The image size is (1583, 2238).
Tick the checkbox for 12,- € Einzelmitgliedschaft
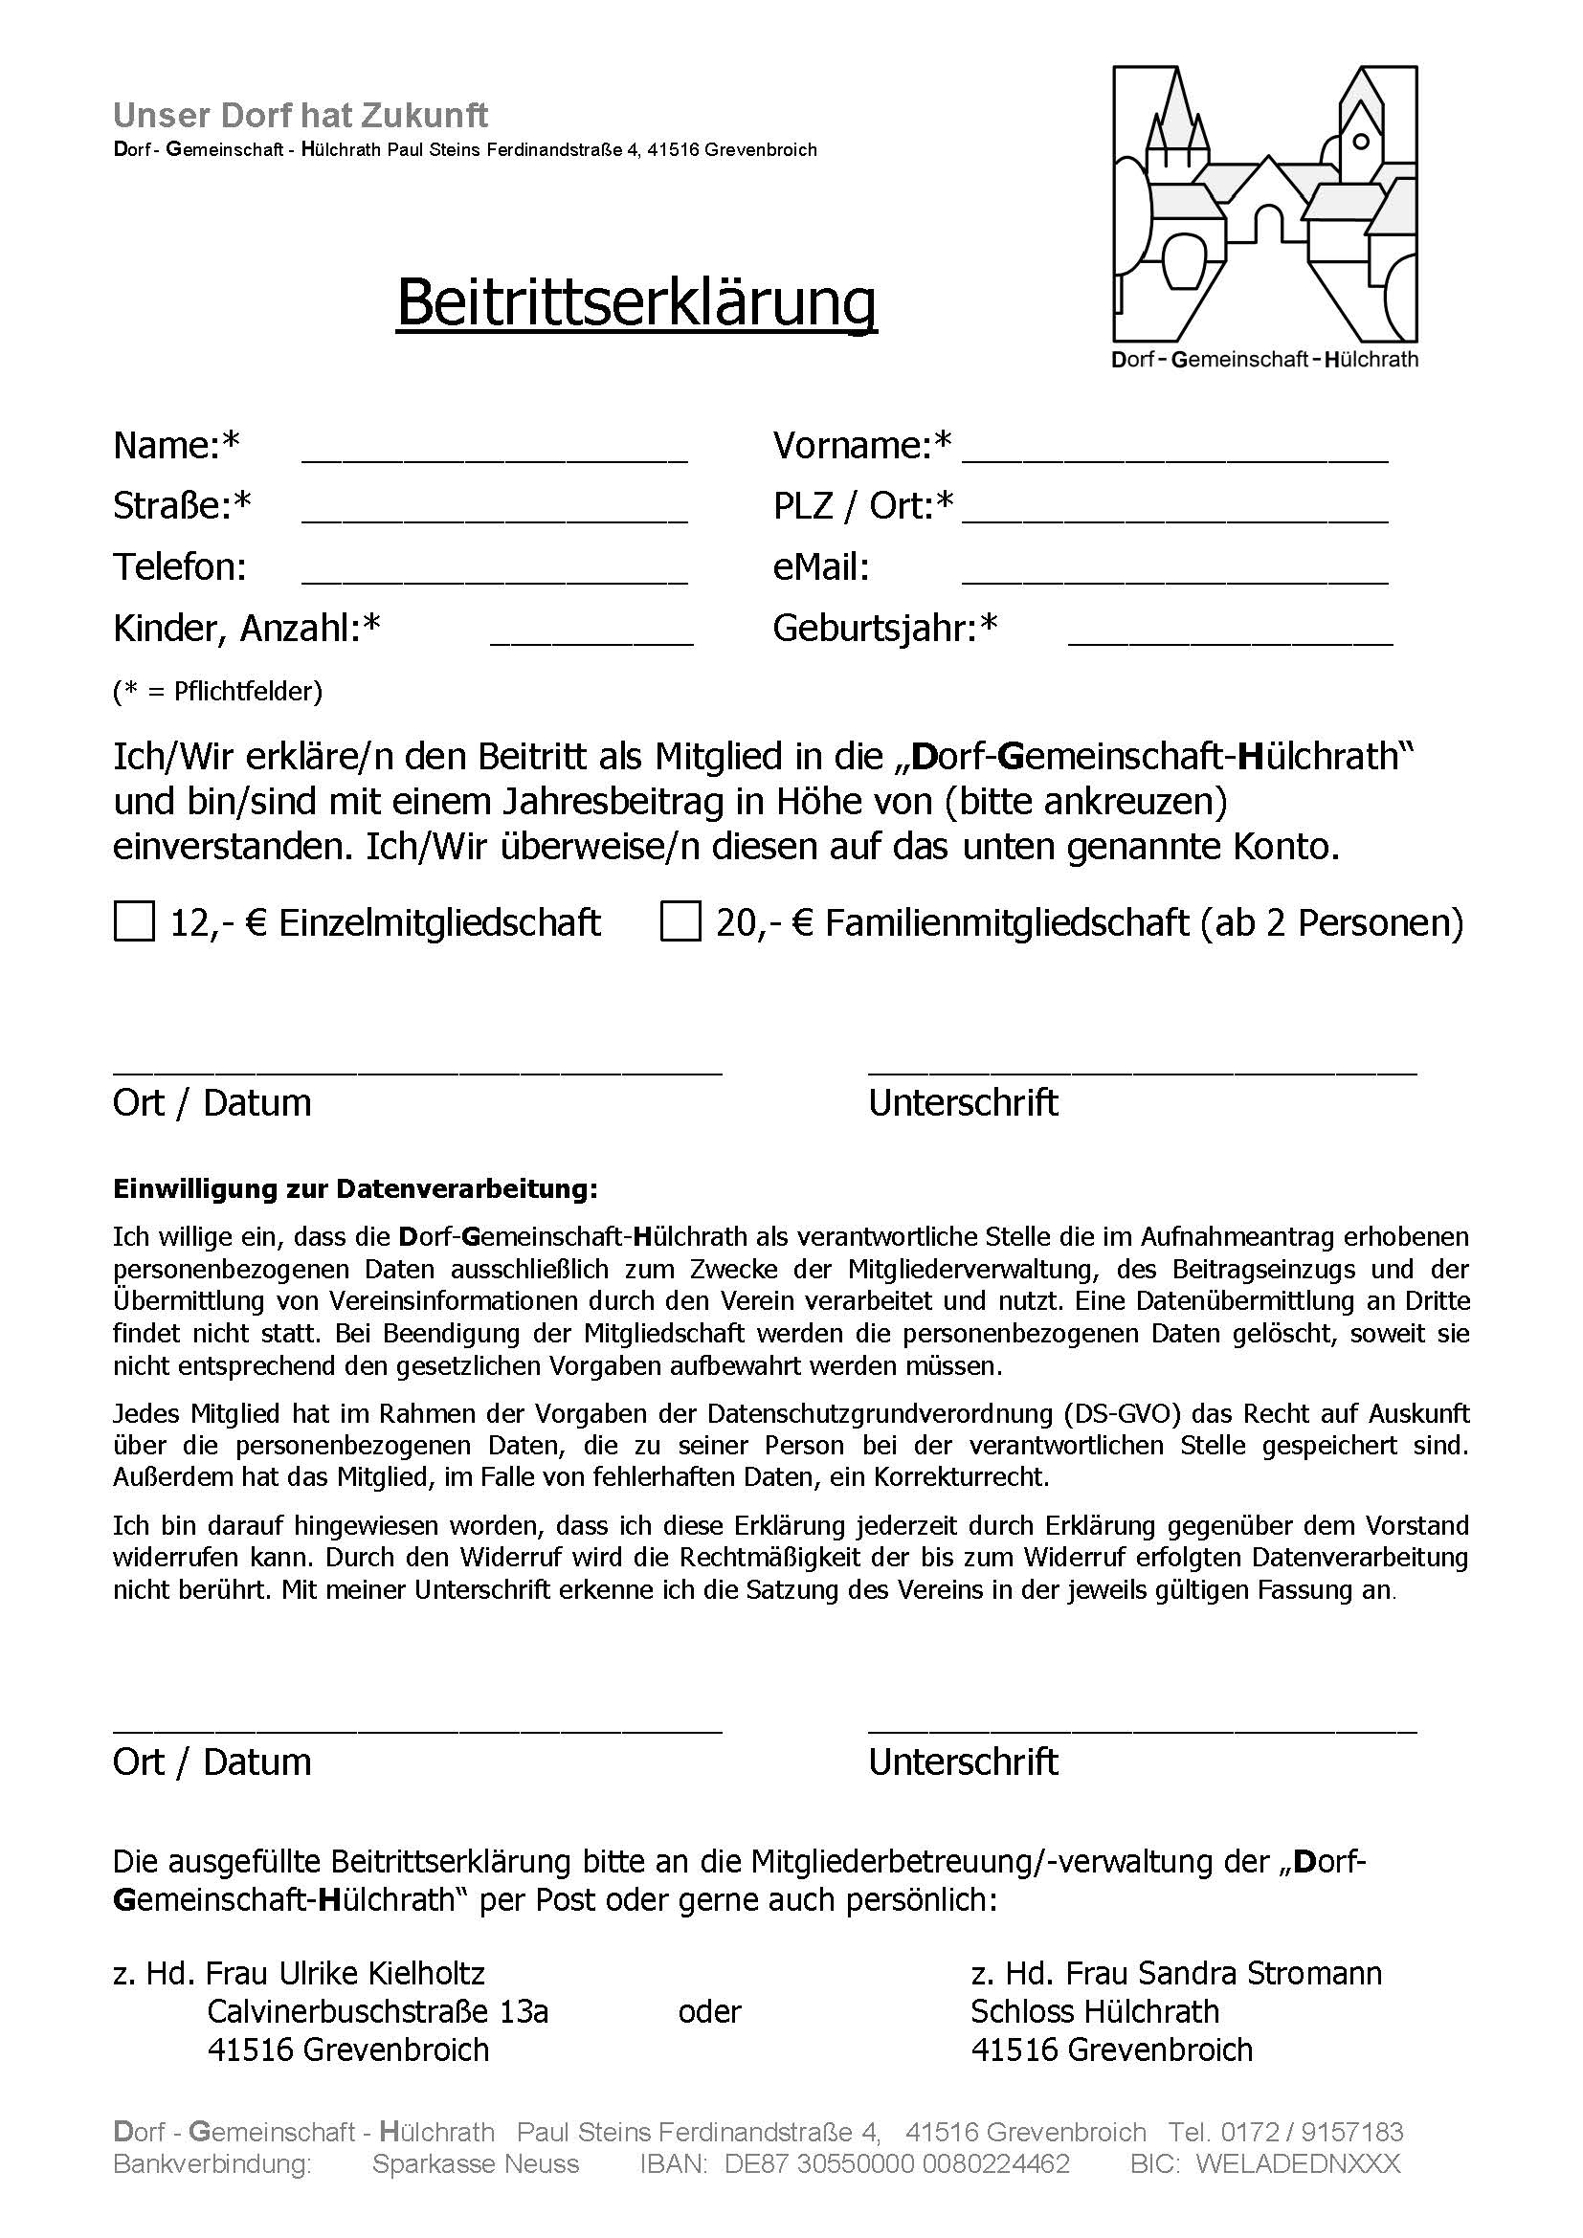click(x=134, y=922)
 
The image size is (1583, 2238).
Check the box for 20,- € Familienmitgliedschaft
click(x=680, y=922)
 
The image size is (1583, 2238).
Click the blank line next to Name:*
click(x=494, y=451)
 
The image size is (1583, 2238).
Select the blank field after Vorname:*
click(x=1174, y=451)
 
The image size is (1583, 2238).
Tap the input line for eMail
click(x=1174, y=572)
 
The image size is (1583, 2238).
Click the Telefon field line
click(x=494, y=572)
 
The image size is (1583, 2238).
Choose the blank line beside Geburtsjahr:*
click(x=1230, y=633)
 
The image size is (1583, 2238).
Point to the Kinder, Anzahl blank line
click(x=591, y=633)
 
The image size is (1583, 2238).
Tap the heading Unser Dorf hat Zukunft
click(x=301, y=116)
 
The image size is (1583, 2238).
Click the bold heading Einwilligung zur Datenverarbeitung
click(x=355, y=1189)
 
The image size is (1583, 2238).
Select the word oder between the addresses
click(x=709, y=2011)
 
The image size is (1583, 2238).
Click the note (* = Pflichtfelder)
click(x=217, y=692)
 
